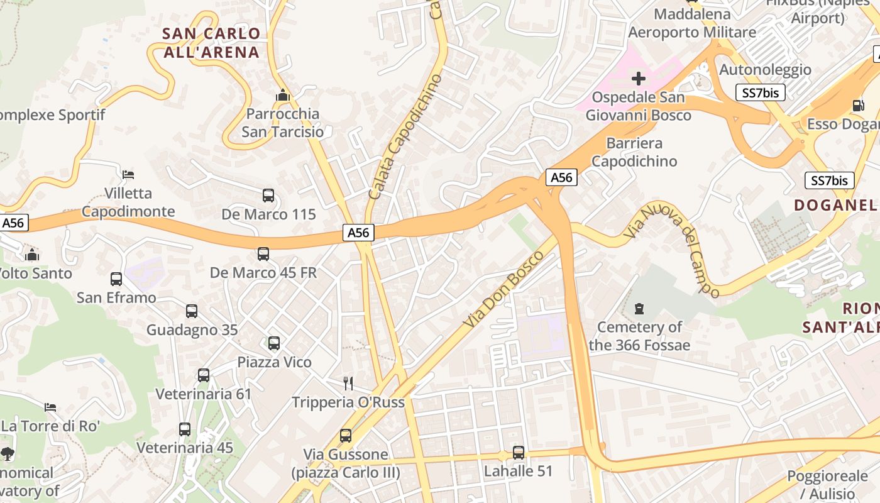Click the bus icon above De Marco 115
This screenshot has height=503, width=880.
(268, 196)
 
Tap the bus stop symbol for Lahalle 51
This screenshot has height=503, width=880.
(519, 452)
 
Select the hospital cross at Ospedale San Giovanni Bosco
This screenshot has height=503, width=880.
(639, 79)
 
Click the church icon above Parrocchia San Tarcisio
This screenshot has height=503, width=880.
(283, 96)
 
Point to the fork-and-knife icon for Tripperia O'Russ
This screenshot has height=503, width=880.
(348, 383)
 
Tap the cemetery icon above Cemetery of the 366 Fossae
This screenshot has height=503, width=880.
(639, 308)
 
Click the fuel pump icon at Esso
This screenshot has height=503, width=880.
(858, 105)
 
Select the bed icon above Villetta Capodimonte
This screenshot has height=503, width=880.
(128, 174)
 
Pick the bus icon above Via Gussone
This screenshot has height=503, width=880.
(346, 435)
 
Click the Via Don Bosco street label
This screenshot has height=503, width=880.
(503, 289)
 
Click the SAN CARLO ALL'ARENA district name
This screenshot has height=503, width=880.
(212, 43)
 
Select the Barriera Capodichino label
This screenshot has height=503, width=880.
(634, 152)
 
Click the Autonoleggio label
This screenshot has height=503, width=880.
(765, 69)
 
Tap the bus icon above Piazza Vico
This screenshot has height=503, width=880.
(274, 343)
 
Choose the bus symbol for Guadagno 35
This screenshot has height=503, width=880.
(192, 311)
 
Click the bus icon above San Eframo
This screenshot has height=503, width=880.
(116, 279)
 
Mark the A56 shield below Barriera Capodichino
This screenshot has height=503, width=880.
(561, 177)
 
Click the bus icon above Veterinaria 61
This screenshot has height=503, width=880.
(204, 375)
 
